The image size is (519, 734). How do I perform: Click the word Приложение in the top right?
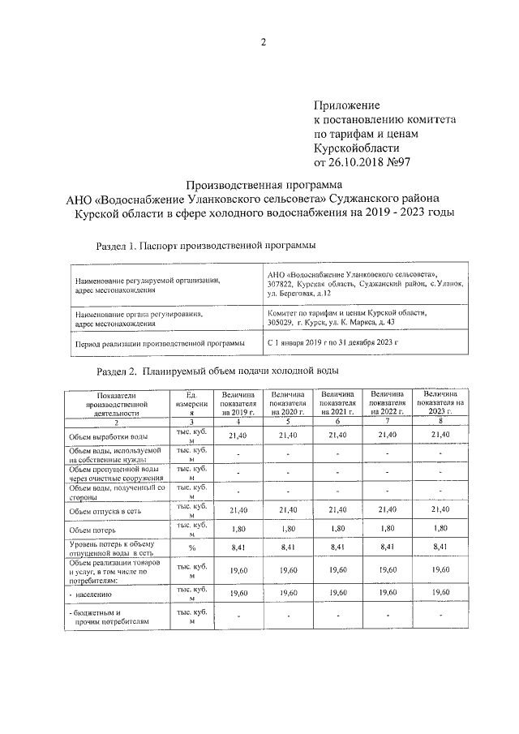(346, 105)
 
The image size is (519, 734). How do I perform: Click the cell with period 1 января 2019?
(333, 342)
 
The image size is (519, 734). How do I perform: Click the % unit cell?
(193, 548)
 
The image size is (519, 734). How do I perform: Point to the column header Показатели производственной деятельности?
(117, 403)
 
